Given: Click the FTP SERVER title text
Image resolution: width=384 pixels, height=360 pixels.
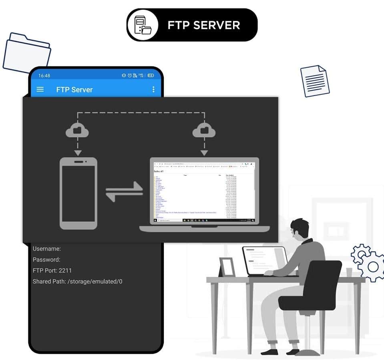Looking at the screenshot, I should tap(204, 25).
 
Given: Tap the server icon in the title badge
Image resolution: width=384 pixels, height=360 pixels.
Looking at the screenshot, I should tap(142, 25).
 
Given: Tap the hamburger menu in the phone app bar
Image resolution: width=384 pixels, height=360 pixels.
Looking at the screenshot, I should tap(40, 89).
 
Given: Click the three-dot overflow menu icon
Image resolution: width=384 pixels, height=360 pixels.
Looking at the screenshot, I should tap(153, 89).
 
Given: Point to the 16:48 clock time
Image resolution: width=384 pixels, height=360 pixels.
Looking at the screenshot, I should tap(44, 76).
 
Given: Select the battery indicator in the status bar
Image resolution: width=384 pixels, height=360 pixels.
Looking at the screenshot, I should tap(151, 76).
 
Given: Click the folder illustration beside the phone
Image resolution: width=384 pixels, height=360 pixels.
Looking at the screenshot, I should tap(27, 54).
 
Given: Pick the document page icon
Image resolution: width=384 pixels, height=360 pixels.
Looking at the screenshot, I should tap(315, 81).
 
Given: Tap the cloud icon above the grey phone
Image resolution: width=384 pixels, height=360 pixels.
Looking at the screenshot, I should tap(78, 130).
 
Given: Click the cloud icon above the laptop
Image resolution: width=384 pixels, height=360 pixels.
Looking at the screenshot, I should tap(204, 130).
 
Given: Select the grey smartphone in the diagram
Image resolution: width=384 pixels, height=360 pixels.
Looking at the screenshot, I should tap(78, 193).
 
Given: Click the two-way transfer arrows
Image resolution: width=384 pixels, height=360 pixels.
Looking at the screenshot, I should tap(124, 191).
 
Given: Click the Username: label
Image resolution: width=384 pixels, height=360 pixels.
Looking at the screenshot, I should tap(47, 249).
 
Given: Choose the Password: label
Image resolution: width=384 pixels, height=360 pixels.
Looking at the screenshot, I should tap(46, 260).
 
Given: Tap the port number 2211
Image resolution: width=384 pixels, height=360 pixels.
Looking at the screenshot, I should tap(65, 270).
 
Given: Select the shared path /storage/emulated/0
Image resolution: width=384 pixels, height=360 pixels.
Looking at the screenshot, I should tap(95, 281).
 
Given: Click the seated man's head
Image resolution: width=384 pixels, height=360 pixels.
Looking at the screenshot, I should tap(300, 229).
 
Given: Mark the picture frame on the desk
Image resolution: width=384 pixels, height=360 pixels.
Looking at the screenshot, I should tap(227, 267).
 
